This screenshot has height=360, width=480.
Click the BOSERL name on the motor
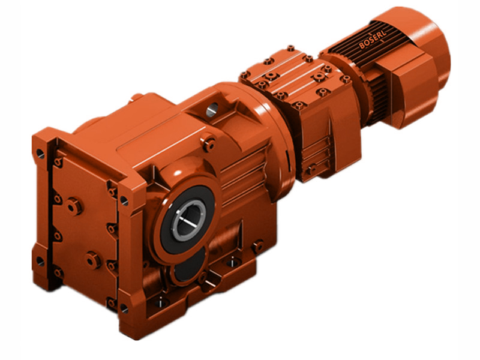(x=373, y=39)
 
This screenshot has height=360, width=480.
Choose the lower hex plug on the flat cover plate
(x=93, y=260)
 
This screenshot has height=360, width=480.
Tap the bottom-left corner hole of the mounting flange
(x=40, y=261)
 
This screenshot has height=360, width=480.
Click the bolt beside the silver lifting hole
(x=209, y=143)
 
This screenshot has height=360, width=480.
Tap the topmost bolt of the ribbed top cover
(x=291, y=48)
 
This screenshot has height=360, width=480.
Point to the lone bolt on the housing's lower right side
(x=258, y=245)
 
